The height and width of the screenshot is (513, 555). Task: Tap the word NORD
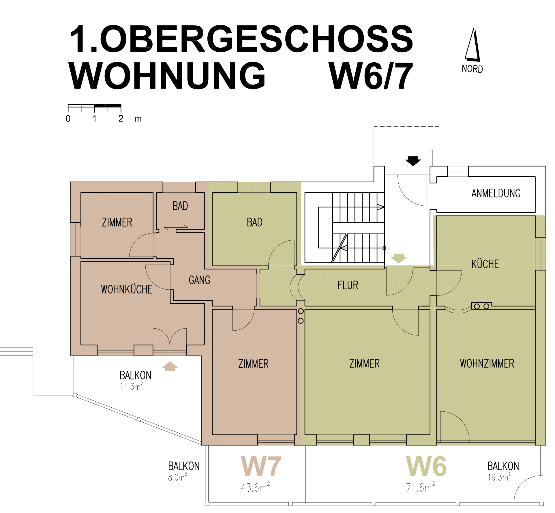click(x=472, y=69)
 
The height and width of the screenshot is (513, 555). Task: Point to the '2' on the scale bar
click(x=121, y=119)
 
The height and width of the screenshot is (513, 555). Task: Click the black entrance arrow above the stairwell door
click(x=413, y=161)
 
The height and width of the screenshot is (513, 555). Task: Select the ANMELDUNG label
click(x=496, y=193)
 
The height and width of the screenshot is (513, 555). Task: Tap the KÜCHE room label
click(x=485, y=264)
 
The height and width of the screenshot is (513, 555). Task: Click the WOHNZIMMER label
click(x=487, y=363)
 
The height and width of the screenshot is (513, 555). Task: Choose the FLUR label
click(x=348, y=285)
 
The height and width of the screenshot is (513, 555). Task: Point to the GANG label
click(x=199, y=280)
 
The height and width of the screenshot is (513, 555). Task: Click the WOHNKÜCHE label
click(x=126, y=289)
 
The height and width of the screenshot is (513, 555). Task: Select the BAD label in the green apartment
click(x=254, y=222)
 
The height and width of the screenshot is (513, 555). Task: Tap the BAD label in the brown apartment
click(x=180, y=206)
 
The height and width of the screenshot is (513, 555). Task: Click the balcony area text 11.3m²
click(x=131, y=386)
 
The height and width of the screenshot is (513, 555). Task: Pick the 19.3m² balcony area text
click(x=499, y=477)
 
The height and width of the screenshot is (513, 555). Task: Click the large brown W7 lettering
click(x=261, y=466)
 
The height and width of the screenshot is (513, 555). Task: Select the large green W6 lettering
click(x=426, y=466)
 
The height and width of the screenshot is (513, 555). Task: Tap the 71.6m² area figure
click(x=420, y=487)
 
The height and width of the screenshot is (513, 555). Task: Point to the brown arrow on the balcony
click(x=170, y=366)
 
